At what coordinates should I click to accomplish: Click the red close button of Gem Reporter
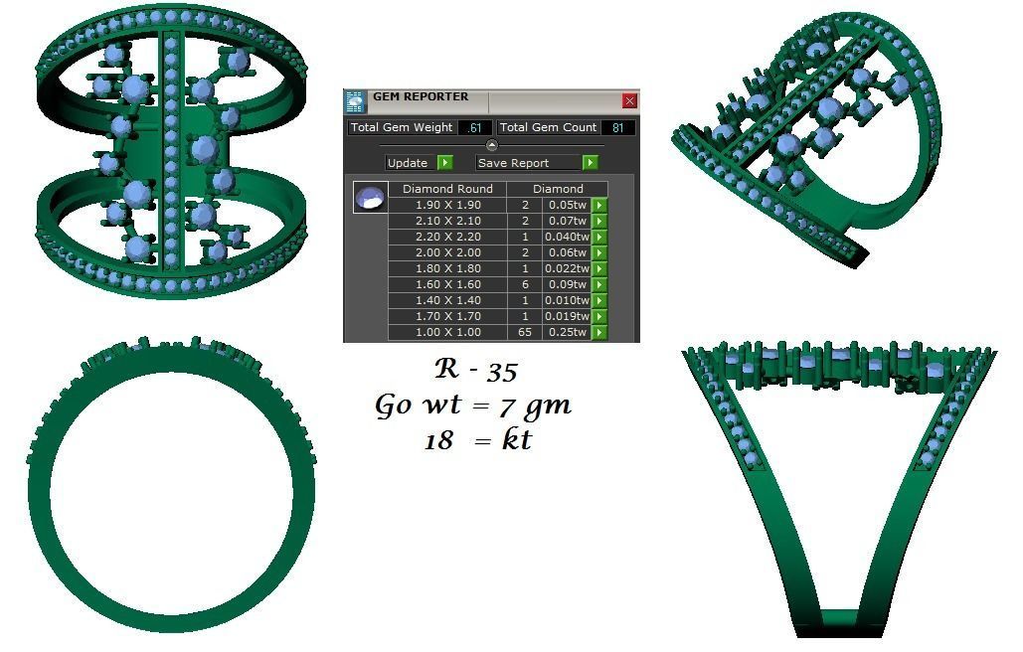tap(629, 100)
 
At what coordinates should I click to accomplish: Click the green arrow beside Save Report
tap(591, 162)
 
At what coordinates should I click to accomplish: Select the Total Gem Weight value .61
tap(475, 127)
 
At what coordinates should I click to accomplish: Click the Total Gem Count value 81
tap(618, 127)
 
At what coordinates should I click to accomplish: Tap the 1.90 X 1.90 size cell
tap(447, 205)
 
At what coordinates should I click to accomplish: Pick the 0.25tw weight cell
tap(567, 332)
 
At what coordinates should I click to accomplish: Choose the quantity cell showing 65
tap(525, 332)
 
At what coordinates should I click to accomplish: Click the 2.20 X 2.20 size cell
tap(447, 237)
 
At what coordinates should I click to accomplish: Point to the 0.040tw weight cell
tap(567, 237)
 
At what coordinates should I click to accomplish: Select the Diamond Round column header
tap(447, 189)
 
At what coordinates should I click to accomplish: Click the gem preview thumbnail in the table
tap(370, 197)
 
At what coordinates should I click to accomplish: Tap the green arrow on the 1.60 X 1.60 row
tap(599, 284)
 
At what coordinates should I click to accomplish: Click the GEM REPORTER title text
tap(421, 97)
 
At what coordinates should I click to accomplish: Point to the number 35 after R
tap(502, 372)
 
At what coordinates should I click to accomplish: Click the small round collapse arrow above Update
tap(491, 145)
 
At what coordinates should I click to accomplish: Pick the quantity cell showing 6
tap(525, 284)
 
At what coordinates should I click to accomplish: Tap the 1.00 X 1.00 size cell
tap(447, 332)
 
